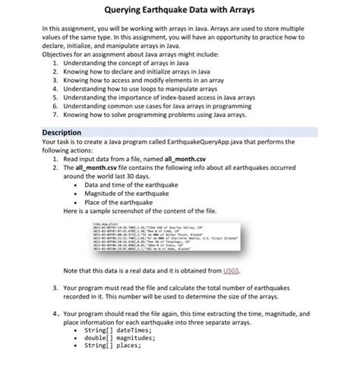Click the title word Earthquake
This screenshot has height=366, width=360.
click(169, 11)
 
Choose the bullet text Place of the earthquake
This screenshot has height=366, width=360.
click(119, 202)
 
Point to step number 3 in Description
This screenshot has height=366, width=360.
click(56, 289)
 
